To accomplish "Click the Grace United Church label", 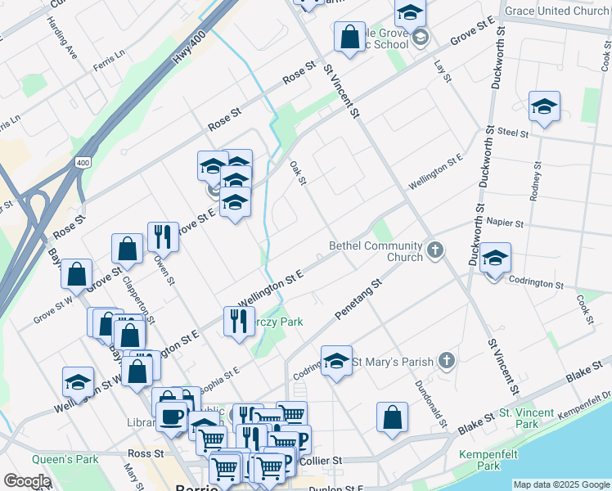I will [557, 11].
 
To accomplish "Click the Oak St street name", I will [298, 172].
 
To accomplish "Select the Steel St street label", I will [514, 131].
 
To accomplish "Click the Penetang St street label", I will [358, 301].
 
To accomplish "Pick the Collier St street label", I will [319, 462].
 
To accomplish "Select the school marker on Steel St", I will [544, 106].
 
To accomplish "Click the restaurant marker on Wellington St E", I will [238, 319].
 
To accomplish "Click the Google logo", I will [26, 481].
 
